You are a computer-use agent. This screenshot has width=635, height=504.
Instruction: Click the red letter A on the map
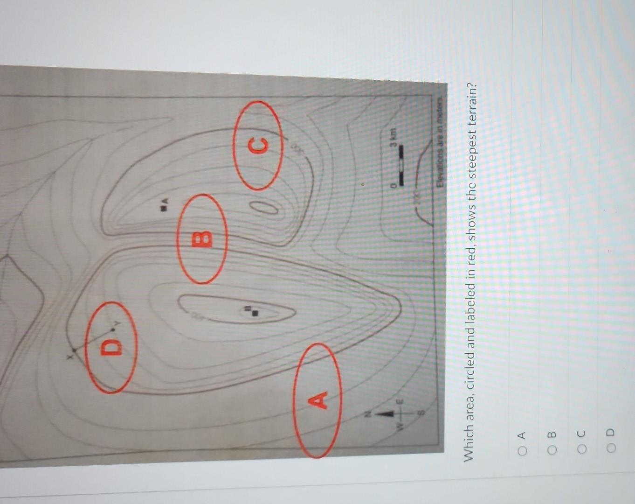coord(318,400)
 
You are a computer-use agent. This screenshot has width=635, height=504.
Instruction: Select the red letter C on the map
coord(259,146)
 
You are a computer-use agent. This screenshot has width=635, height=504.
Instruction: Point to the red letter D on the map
coord(111,347)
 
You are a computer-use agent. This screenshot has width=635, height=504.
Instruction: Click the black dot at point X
coord(74,350)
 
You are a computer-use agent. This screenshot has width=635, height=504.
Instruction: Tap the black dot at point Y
coord(113,329)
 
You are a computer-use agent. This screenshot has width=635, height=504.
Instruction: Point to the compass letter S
coord(421,413)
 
